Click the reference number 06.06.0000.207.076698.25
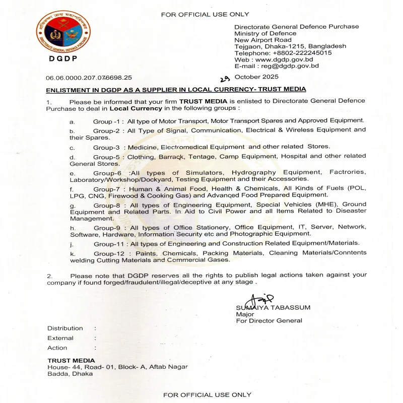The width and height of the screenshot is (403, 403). click(89, 78)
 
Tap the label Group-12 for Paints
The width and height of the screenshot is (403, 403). click(108, 253)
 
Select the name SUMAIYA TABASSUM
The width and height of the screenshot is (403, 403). click(272, 307)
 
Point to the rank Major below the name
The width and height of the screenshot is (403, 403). click(244, 314)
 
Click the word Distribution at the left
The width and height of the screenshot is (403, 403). click(65, 328)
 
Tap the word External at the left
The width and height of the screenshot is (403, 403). click(60, 338)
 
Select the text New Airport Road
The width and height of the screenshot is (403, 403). click(263, 40)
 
